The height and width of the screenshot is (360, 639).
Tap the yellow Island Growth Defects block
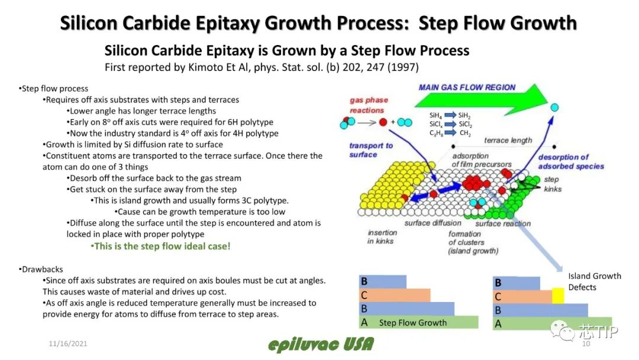point(558,295)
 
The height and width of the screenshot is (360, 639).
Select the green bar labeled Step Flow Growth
point(418,322)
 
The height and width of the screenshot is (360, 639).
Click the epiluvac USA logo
point(321,345)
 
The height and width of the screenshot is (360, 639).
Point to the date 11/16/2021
point(67,343)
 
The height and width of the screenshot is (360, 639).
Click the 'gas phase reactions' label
point(369,105)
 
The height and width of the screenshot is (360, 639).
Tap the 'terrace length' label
point(508,140)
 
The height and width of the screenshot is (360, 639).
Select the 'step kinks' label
point(553,184)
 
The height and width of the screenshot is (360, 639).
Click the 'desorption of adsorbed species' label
point(570,162)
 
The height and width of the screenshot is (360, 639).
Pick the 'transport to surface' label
point(371,150)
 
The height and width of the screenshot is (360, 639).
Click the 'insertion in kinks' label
point(382,236)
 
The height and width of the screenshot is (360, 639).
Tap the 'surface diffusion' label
point(433,223)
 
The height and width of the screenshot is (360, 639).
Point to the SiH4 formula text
point(435,116)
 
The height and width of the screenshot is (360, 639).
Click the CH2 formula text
point(465,133)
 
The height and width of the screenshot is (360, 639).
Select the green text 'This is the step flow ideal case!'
point(160,246)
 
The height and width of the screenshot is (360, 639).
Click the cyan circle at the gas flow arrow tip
point(554,108)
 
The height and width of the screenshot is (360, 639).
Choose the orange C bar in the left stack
point(395,295)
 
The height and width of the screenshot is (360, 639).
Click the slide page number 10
point(586,343)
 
